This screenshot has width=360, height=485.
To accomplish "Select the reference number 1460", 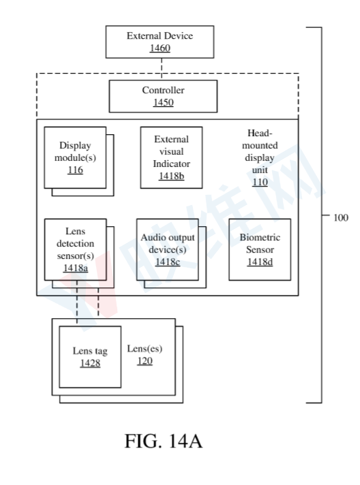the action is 160,48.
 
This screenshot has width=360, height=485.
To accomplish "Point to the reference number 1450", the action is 163,102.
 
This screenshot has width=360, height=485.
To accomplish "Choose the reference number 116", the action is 75,170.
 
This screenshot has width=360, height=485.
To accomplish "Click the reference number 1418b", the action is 172,176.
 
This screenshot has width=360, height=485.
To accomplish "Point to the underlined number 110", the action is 260,182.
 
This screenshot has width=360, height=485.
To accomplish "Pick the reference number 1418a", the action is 76,268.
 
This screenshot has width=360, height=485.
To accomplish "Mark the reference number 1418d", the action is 260,262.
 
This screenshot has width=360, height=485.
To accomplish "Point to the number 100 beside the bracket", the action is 341,218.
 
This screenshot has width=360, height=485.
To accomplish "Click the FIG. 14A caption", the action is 164,441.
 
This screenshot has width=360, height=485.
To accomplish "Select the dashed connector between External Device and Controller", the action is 162,69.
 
